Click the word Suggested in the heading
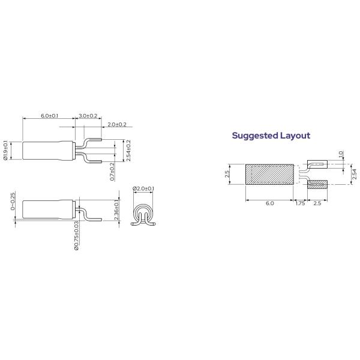[254, 136]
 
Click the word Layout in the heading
[295, 136]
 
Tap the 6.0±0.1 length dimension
[49, 115]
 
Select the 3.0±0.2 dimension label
[88, 115]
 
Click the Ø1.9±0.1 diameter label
[6, 150]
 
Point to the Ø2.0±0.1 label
[143, 189]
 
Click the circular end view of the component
[143, 214]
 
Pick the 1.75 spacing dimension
[300, 204]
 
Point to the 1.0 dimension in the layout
[340, 154]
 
